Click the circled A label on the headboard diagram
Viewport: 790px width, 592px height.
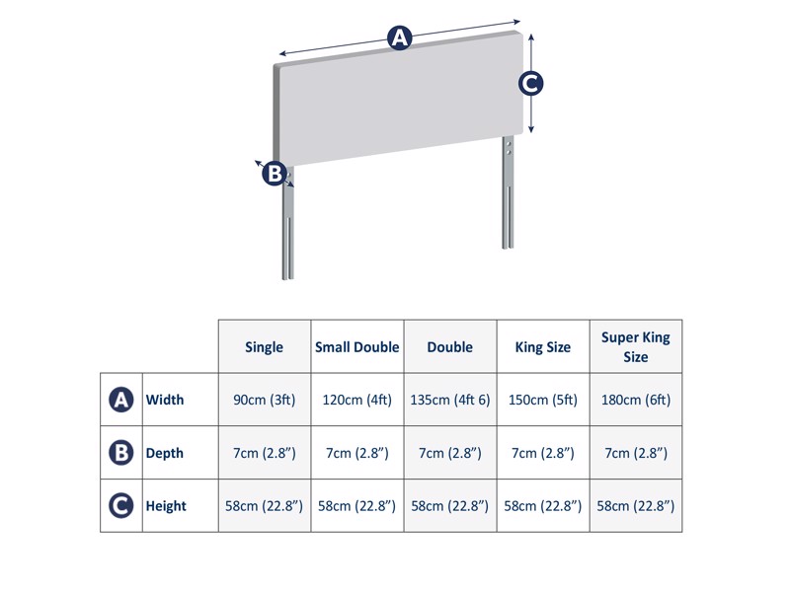[399, 38]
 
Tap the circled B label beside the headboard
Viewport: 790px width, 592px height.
[274, 174]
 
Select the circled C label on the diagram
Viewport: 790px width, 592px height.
[531, 84]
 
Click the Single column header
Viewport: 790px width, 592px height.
[264, 347]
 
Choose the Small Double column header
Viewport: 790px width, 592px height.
[356, 347]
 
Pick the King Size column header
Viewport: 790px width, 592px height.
[542, 347]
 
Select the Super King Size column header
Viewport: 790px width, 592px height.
[635, 346]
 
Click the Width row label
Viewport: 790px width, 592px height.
[165, 400]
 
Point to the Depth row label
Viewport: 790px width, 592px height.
[165, 453]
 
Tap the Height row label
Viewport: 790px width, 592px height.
[166, 506]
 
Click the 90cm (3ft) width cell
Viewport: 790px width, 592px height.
[264, 400]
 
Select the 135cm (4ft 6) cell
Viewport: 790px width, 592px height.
[449, 400]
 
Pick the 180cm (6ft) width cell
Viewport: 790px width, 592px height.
[635, 400]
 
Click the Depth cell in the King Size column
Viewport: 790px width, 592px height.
[542, 453]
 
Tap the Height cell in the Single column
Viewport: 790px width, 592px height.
[264, 506]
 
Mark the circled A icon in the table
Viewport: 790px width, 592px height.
[120, 400]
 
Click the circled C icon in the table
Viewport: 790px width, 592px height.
[120, 506]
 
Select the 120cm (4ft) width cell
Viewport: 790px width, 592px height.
[356, 400]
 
